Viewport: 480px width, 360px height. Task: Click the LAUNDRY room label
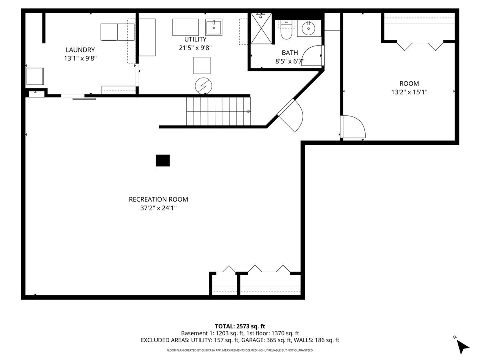(x=80, y=50)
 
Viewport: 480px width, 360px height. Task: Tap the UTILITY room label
(x=195, y=39)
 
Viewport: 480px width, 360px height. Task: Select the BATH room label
(x=290, y=53)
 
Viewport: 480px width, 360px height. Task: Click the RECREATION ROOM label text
(x=158, y=199)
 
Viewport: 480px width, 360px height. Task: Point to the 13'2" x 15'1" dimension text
(x=409, y=92)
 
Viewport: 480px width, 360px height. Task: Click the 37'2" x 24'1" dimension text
(x=158, y=208)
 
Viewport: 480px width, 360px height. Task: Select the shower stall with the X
(x=261, y=28)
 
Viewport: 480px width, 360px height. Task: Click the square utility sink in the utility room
(x=214, y=27)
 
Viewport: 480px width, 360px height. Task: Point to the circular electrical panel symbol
(x=203, y=86)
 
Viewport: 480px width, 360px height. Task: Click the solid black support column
(x=163, y=161)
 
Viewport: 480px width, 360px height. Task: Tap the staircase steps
(x=218, y=111)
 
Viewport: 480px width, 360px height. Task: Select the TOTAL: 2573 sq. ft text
(x=240, y=326)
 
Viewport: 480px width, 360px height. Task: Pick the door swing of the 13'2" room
(x=353, y=127)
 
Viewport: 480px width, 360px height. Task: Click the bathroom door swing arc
(x=312, y=55)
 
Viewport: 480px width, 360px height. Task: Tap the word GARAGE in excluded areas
(x=253, y=340)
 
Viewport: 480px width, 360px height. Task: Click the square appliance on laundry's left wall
(x=35, y=76)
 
